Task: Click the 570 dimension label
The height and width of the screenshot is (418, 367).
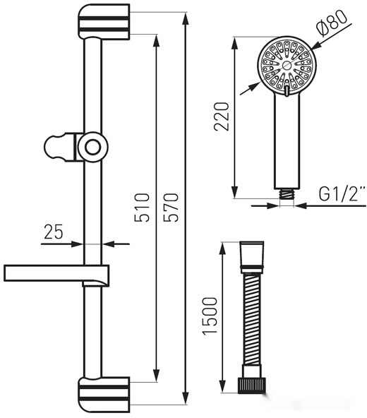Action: point(171,208)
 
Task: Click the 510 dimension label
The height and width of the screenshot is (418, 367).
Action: point(142,208)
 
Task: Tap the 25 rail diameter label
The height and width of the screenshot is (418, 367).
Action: point(54,232)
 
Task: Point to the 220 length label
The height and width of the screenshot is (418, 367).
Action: point(222,117)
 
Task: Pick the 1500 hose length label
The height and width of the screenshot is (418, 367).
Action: point(210,316)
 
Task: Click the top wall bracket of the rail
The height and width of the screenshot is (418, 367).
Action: point(104,21)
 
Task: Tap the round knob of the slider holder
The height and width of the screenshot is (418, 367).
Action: point(93,147)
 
